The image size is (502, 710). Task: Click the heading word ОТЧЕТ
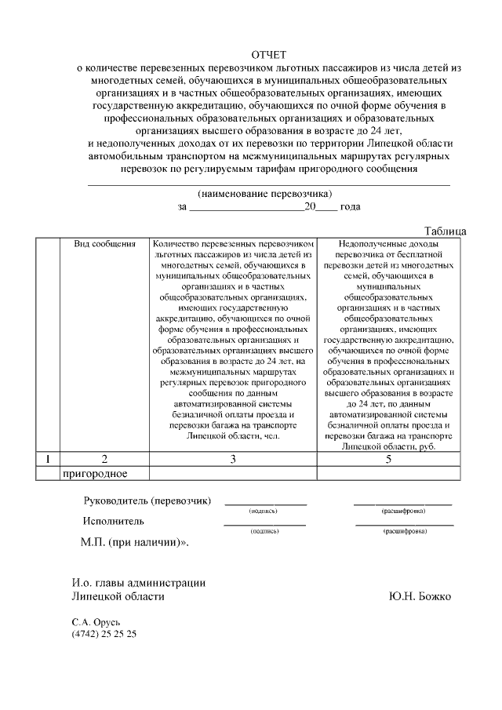[269, 54]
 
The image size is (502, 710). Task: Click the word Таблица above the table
[445, 231]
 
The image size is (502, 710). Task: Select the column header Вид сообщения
[105, 244]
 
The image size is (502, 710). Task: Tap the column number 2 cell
[104, 459]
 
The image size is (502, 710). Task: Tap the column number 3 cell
[232, 459]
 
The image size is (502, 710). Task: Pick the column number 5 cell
[388, 459]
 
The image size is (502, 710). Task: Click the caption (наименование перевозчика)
[265, 193]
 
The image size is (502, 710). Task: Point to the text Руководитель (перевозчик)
[147, 501]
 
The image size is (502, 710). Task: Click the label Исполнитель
[114, 520]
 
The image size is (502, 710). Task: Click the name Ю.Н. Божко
[420, 596]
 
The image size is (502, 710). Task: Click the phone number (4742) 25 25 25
[104, 634]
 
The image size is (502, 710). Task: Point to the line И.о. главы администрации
[138, 582]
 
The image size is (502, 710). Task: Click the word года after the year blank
[351, 207]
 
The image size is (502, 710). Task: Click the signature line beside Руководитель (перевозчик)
[265, 503]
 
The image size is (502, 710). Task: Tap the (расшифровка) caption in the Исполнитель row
[404, 531]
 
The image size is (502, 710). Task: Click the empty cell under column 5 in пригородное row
[388, 473]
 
